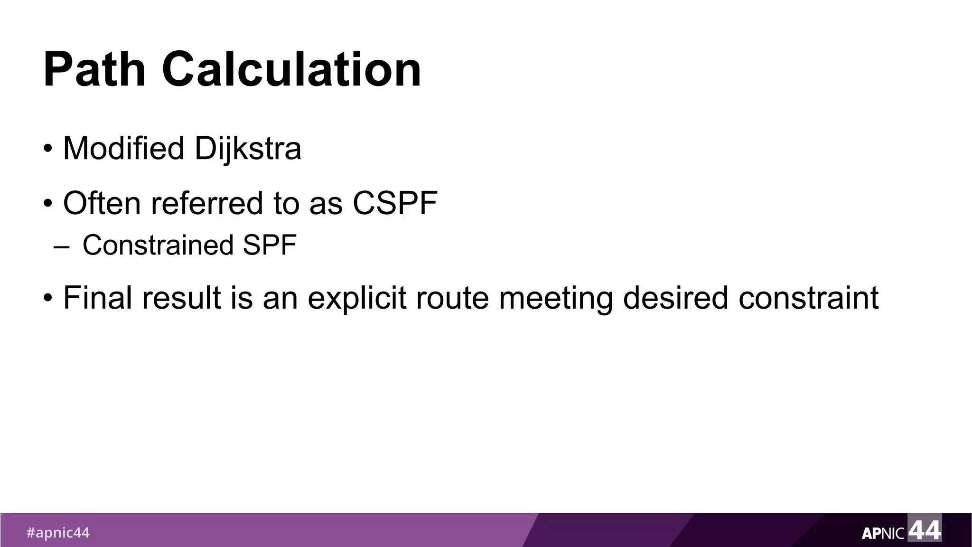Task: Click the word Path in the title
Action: click(x=94, y=70)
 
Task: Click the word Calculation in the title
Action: click(x=291, y=70)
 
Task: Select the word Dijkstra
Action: click(x=248, y=149)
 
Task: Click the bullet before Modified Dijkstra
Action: click(x=47, y=150)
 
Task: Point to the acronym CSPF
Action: click(x=395, y=203)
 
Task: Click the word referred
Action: click(x=206, y=203)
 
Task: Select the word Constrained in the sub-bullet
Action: click(x=158, y=245)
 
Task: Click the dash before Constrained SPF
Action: click(x=62, y=247)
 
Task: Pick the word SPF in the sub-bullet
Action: click(x=270, y=245)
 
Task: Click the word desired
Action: click(x=675, y=298)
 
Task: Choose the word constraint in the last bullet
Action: click(x=809, y=298)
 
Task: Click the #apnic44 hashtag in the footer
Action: click(x=57, y=533)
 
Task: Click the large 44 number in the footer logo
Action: click(x=925, y=529)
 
